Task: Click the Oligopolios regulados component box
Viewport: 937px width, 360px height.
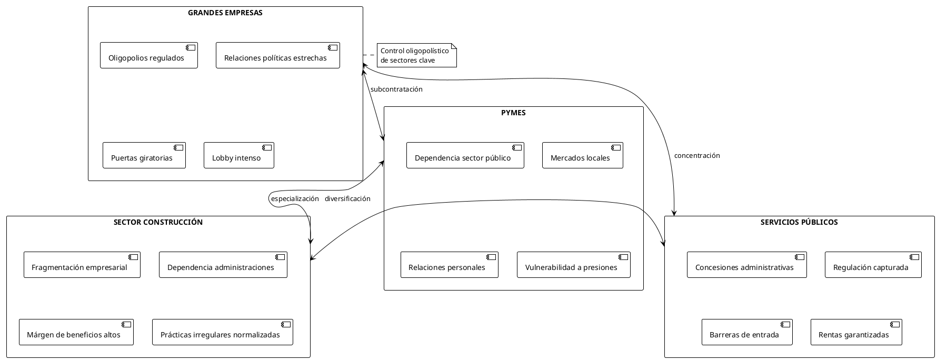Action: click(x=148, y=55)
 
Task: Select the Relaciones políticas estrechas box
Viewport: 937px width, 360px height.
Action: click(x=277, y=55)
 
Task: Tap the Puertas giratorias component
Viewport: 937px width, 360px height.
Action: click(x=144, y=155)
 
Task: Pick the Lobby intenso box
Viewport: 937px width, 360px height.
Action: click(x=238, y=155)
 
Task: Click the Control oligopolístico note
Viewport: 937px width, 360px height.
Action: click(x=416, y=55)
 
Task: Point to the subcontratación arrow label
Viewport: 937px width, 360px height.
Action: click(x=396, y=89)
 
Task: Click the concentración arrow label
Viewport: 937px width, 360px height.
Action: click(x=696, y=155)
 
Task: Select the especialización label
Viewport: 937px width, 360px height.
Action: click(x=295, y=198)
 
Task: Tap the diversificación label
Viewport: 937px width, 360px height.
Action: click(x=347, y=198)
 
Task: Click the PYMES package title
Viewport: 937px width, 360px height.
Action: click(x=513, y=113)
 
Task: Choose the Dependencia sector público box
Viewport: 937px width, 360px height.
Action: click(x=465, y=155)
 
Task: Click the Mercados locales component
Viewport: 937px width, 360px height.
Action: click(x=582, y=155)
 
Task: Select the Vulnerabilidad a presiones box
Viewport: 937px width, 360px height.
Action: click(x=573, y=265)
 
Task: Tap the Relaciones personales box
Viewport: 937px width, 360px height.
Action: click(x=449, y=265)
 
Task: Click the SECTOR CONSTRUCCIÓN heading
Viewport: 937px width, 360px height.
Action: click(x=158, y=222)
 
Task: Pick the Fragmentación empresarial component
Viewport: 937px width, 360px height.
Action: click(x=82, y=265)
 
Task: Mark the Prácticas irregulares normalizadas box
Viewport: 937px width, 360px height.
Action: click(x=222, y=332)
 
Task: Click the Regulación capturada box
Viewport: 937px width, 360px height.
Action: click(x=873, y=265)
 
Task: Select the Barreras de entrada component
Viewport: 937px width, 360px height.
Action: click(x=746, y=332)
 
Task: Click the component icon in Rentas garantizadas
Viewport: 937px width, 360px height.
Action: click(x=895, y=324)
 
